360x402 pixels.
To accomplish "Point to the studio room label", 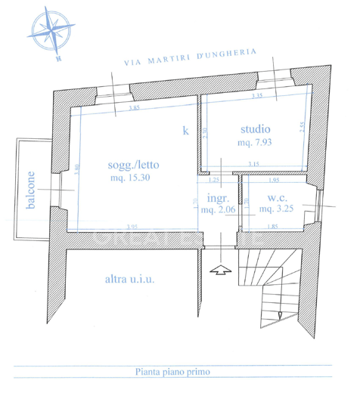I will point(255,128).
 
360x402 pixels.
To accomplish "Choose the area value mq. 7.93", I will point(255,141).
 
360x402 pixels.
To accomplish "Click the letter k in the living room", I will point(186,130).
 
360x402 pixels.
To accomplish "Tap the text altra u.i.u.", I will point(129,279).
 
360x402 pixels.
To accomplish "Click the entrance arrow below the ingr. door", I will point(220,269).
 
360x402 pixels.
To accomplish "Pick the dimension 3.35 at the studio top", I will point(256,97).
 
